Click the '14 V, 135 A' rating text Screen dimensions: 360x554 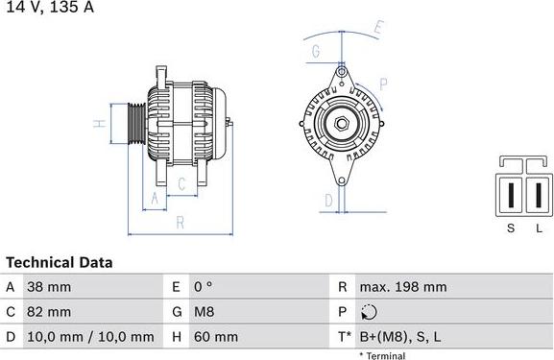tap(47, 8)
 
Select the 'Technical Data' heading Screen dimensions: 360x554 tap(60, 262)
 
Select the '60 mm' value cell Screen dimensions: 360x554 tap(217, 337)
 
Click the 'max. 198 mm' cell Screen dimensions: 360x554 tap(402, 287)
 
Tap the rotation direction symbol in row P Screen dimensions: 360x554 tap(369, 312)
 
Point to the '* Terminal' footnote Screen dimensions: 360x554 tap(381, 355)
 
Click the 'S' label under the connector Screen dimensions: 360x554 tap(511, 228)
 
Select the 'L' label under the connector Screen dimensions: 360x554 tap(539, 228)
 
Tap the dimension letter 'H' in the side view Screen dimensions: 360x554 tap(98, 124)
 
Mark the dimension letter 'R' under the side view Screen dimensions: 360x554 tap(180, 223)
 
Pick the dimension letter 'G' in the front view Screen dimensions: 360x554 tap(316, 52)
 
